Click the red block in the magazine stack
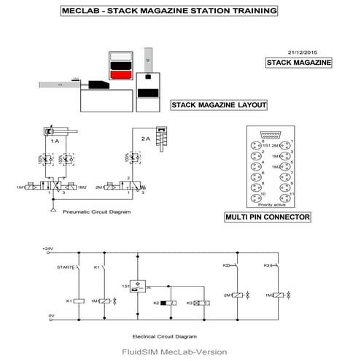(118, 74)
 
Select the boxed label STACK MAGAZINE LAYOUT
(218, 105)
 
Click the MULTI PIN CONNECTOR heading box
(268, 217)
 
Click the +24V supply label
(50, 249)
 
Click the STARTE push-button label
(66, 268)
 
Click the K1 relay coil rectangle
(79, 300)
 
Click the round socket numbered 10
(255, 197)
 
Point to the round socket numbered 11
(286, 197)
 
